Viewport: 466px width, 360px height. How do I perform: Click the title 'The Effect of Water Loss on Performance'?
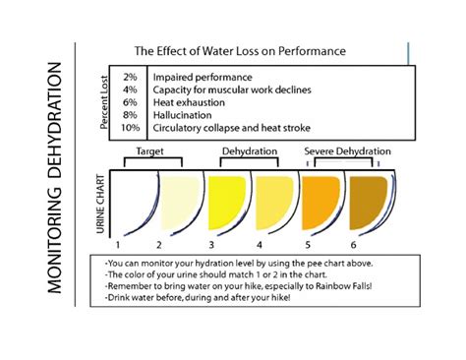[x=239, y=50]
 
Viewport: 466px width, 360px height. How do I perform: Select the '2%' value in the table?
[x=131, y=76]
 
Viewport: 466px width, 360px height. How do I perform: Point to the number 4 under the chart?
[x=260, y=242]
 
